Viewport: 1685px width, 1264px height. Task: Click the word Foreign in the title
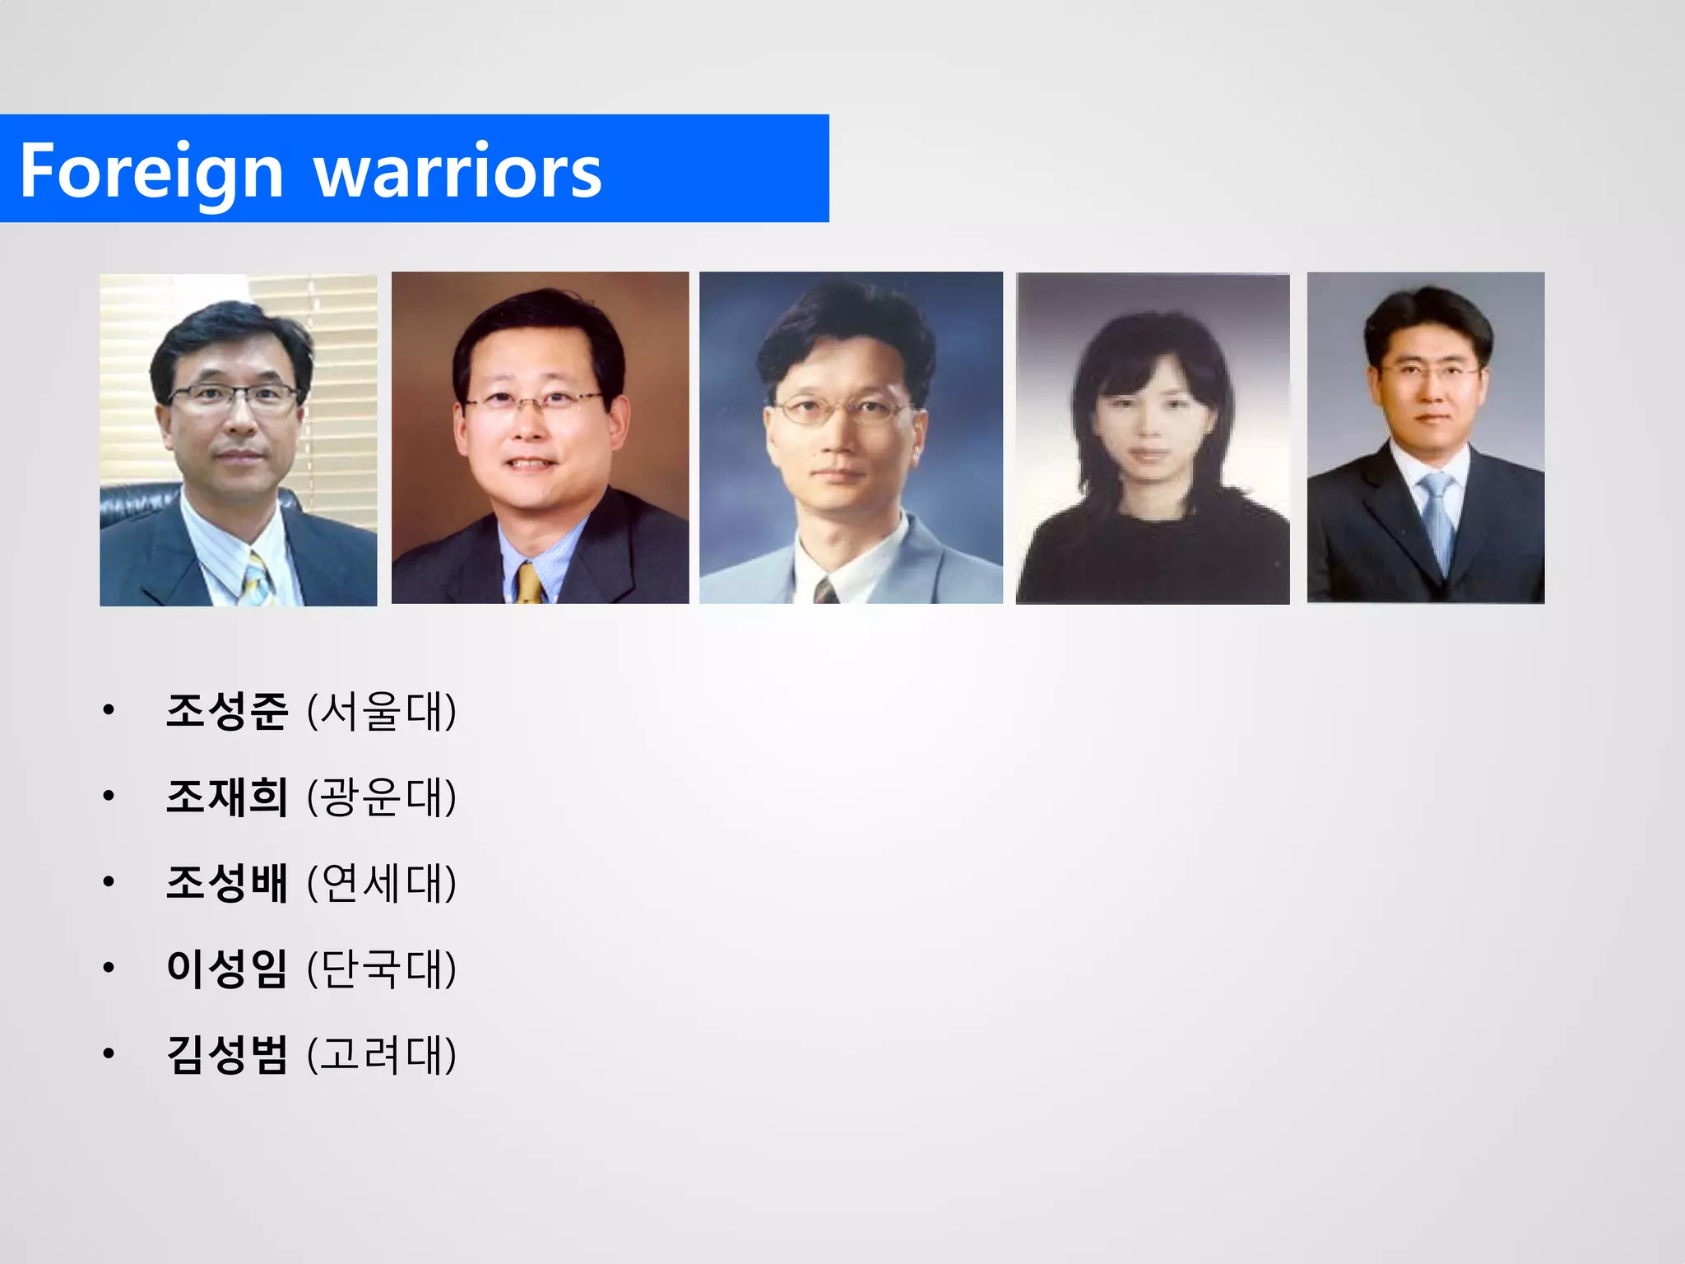tap(151, 170)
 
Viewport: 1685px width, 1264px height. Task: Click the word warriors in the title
tap(458, 170)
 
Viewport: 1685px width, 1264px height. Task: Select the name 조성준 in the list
tap(227, 711)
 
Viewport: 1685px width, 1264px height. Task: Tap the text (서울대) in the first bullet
tap(381, 711)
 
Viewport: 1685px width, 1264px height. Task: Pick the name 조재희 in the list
tap(227, 797)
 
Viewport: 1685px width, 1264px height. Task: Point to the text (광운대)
tap(381, 797)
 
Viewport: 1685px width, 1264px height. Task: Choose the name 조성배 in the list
tap(227, 883)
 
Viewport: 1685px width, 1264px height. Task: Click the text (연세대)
tap(381, 883)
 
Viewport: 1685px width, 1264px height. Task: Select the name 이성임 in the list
tap(227, 969)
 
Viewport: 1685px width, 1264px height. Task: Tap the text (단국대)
tap(381, 969)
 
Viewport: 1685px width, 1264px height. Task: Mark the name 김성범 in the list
tap(227, 1054)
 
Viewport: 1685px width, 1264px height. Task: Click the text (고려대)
tap(381, 1054)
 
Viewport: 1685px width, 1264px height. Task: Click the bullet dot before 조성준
tap(109, 709)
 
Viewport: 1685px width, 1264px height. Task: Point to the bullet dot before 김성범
tap(109, 1053)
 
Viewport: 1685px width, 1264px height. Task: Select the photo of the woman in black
tap(1153, 439)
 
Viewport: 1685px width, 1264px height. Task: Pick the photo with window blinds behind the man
tap(239, 440)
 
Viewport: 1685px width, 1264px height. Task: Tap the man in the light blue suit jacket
tap(851, 439)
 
